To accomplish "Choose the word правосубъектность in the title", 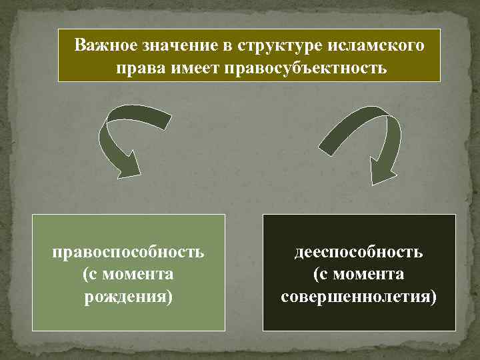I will (x=306, y=68).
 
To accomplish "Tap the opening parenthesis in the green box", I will (x=85, y=274).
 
